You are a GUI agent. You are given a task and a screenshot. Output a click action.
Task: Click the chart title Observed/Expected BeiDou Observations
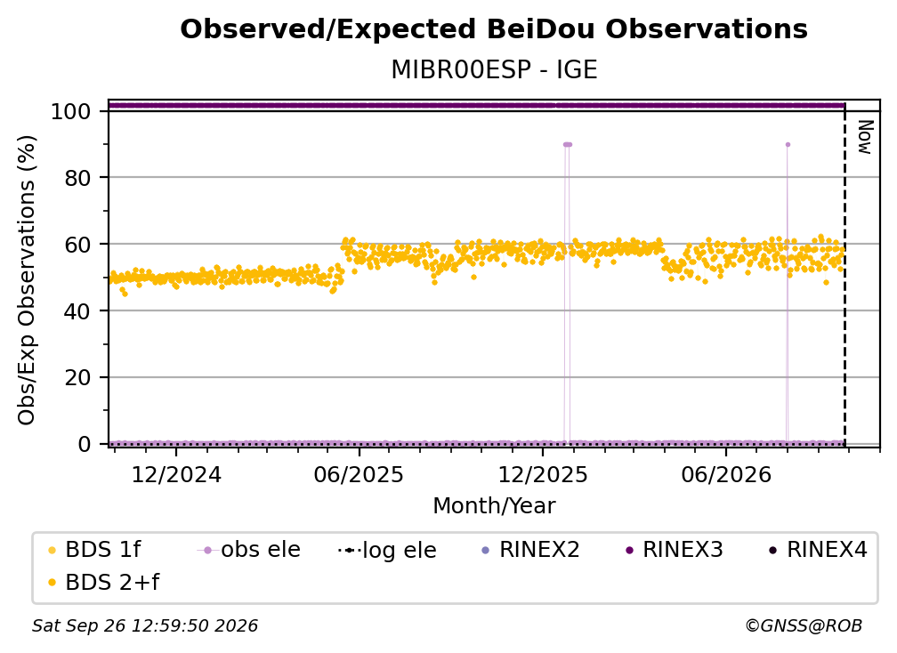[494, 29]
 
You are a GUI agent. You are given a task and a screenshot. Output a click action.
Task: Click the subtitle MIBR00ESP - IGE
[494, 69]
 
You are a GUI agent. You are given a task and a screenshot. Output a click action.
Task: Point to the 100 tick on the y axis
[70, 111]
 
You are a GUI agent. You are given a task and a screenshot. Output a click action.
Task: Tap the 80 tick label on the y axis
[77, 178]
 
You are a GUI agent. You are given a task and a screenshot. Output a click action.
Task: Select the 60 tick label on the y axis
[77, 245]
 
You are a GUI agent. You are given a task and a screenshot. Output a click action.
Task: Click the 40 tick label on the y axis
[77, 311]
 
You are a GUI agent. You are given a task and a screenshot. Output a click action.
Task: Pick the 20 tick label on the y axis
[77, 378]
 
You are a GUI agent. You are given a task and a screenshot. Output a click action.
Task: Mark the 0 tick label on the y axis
[85, 444]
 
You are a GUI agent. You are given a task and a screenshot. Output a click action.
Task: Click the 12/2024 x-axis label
[176, 474]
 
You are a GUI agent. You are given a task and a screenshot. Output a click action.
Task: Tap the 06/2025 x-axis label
[359, 474]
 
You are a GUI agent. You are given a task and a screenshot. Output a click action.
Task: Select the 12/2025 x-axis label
[542, 474]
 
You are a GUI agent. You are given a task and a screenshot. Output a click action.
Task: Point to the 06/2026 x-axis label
[726, 474]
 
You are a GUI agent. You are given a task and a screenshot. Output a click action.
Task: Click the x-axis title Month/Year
[494, 505]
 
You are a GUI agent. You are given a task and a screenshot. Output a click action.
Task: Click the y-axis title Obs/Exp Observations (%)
[27, 280]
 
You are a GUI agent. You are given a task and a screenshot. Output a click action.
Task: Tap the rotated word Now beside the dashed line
[865, 137]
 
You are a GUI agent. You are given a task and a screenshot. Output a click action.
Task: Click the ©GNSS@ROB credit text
[804, 625]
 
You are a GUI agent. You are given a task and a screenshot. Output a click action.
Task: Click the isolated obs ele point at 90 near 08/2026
[788, 145]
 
